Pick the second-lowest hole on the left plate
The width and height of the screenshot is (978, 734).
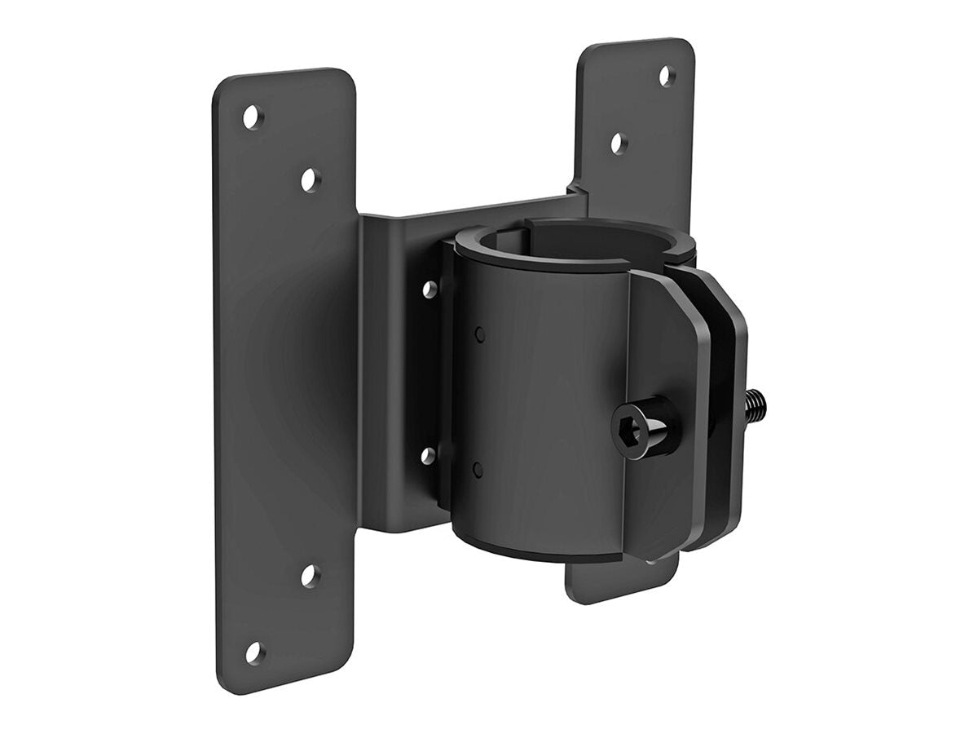(311, 576)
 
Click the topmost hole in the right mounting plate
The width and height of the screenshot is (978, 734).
(667, 77)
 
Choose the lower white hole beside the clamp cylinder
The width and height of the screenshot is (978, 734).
(428, 455)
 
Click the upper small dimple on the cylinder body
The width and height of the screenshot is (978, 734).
(479, 333)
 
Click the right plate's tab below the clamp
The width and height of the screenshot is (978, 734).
(619, 581)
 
